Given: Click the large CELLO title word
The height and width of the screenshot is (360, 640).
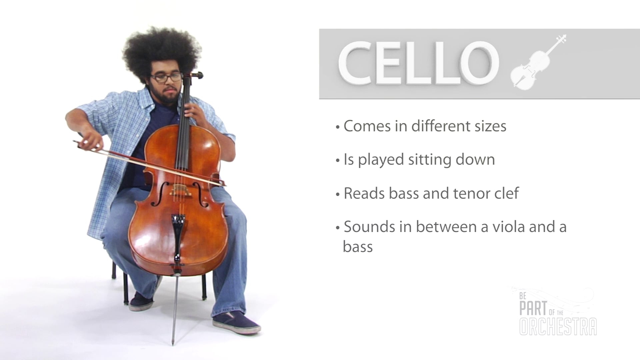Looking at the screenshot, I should point(418,63).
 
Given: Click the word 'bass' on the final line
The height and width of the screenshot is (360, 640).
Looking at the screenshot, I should point(358,247).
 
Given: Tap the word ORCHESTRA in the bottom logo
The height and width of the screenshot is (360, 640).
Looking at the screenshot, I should point(558,327).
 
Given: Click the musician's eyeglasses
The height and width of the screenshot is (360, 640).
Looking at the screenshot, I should point(166,78).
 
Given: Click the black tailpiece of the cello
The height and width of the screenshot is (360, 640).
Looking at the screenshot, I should point(178,230).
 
